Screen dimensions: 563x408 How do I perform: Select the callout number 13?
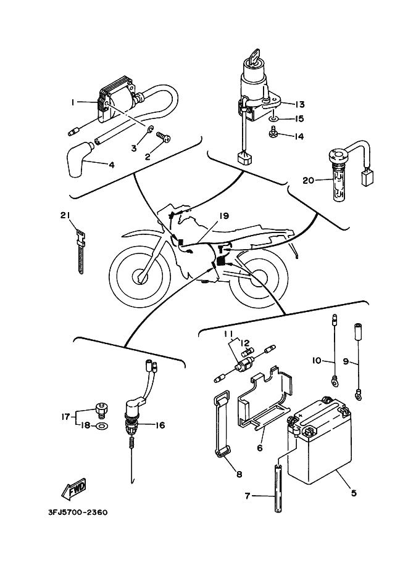(x=300, y=104)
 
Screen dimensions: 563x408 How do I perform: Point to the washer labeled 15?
(x=274, y=118)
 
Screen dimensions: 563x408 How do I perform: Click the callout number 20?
(x=308, y=181)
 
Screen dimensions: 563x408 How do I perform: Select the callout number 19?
(x=223, y=216)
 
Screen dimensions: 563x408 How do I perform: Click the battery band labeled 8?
(x=222, y=426)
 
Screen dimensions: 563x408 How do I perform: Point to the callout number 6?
(x=260, y=448)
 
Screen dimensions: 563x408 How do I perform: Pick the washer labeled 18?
(x=102, y=426)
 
